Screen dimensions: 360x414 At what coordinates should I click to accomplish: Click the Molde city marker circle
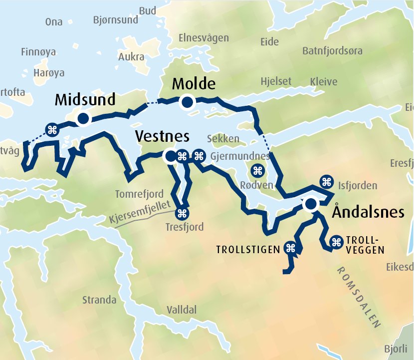(188, 102)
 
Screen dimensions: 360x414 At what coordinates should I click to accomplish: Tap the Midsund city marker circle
(83, 119)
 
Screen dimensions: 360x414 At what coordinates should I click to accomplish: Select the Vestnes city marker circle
(171, 156)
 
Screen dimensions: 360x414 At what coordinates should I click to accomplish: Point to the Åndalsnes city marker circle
(311, 204)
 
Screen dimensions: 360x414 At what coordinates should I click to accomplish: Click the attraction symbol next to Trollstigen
(290, 248)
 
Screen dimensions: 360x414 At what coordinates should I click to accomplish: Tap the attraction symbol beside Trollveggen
(336, 242)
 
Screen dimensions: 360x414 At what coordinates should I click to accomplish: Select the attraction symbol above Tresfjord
(182, 214)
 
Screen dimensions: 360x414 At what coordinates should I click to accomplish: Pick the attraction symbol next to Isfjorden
(327, 181)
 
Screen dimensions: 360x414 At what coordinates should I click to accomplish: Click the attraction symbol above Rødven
(258, 171)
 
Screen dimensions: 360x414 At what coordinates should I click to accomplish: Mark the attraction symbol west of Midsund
(51, 130)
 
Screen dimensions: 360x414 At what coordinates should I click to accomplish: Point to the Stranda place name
(99, 300)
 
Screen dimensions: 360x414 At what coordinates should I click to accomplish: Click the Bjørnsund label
(115, 20)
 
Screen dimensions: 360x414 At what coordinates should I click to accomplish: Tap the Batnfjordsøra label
(332, 51)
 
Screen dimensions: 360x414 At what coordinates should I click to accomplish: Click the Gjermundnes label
(240, 156)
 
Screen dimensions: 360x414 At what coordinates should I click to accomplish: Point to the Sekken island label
(223, 139)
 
